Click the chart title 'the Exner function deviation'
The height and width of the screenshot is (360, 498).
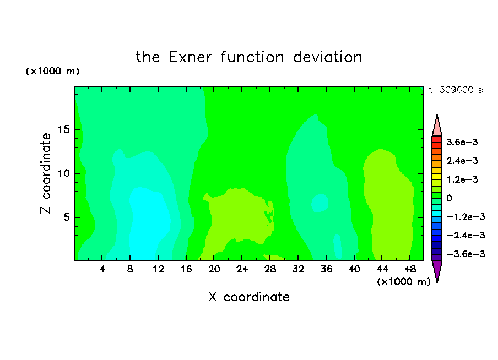[x=249, y=57]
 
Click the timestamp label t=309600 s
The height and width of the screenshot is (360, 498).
[x=456, y=90]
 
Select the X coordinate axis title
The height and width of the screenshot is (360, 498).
[x=249, y=297]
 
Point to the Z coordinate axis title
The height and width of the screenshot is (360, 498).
[x=45, y=173]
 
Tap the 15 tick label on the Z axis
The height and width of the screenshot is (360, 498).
[x=63, y=129]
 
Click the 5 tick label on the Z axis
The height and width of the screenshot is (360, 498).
[x=66, y=217]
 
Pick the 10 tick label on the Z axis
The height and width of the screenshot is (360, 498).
[x=63, y=173]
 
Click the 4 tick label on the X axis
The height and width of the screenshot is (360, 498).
[x=102, y=269]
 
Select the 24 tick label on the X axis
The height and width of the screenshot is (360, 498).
[x=242, y=269]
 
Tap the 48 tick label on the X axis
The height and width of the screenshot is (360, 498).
[x=410, y=269]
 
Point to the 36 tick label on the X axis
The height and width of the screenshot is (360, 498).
[x=326, y=269]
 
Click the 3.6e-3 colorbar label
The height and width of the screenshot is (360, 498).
[x=462, y=142]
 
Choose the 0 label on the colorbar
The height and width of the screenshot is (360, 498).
[x=449, y=198]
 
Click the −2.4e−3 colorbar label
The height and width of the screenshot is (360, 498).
[x=465, y=236]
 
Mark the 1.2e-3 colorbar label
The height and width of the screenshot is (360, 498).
[x=462, y=179]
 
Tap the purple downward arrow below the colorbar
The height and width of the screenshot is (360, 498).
[x=437, y=270]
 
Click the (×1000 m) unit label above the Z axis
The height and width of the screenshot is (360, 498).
[x=52, y=71]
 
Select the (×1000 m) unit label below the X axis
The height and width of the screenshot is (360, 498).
[x=403, y=282]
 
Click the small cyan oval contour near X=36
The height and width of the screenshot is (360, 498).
[x=320, y=203]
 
